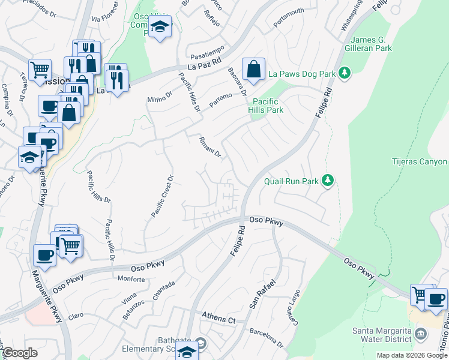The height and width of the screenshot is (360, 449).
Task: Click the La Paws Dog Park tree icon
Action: pyautogui.click(x=345, y=74)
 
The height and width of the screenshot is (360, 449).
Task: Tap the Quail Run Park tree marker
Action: pyautogui.click(x=327, y=180)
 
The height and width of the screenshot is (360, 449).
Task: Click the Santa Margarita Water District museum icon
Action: pyautogui.click(x=421, y=333)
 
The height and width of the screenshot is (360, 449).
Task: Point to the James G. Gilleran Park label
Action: pyautogui.click(x=368, y=43)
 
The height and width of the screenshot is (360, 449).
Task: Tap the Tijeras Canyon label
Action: pyautogui.click(x=420, y=162)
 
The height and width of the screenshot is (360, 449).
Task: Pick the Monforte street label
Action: pyautogui.click(x=131, y=280)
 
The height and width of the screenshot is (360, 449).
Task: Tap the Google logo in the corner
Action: pyautogui.click(x=20, y=353)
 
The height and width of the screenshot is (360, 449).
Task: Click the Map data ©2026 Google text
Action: pyautogui.click(x=412, y=355)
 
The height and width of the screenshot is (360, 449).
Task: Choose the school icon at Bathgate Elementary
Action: pyautogui.click(x=187, y=352)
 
